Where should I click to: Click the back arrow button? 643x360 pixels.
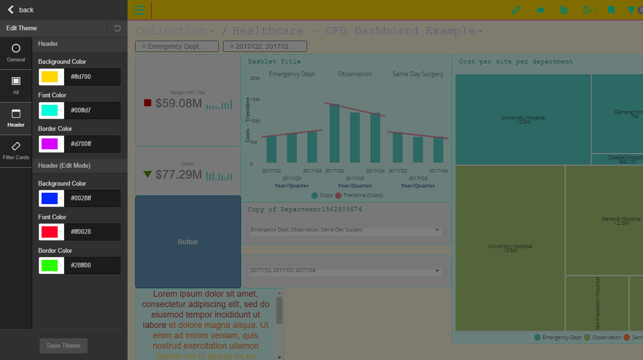[11, 9]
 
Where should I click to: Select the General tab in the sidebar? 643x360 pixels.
[16, 53]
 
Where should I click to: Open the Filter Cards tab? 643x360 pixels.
[16, 151]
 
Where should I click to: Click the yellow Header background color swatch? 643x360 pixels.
[50, 77]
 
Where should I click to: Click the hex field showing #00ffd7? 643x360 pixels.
[92, 110]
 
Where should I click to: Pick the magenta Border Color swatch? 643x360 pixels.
[50, 144]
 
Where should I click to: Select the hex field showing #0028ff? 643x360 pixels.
[92, 198]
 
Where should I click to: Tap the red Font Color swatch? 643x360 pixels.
[50, 231]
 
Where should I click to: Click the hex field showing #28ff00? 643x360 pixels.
[92, 265]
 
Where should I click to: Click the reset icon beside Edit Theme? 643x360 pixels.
[117, 28]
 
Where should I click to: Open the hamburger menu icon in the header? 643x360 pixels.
[139, 10]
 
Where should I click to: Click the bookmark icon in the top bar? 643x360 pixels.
[611, 10]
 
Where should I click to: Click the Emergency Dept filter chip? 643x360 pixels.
[177, 46]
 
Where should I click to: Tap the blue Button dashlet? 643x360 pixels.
[188, 242]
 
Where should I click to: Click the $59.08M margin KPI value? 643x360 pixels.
[179, 103]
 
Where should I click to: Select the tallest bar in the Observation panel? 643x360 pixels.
[334, 133]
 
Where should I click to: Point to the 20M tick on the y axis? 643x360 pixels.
[255, 78]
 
